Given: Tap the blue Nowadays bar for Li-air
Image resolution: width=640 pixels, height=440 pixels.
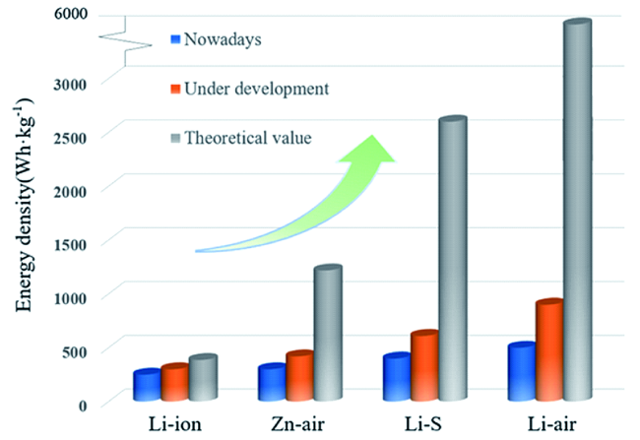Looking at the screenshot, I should click(x=520, y=373).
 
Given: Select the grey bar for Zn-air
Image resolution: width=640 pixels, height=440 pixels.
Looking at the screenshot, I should click(x=326, y=335).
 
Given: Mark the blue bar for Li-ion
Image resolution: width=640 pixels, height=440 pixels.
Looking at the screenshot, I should click(x=147, y=386).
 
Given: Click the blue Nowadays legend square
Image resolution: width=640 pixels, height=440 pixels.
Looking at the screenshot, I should click(x=176, y=39).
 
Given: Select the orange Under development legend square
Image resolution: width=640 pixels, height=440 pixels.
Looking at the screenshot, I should click(x=176, y=89).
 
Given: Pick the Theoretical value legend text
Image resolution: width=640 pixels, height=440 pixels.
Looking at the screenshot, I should click(x=251, y=138).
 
